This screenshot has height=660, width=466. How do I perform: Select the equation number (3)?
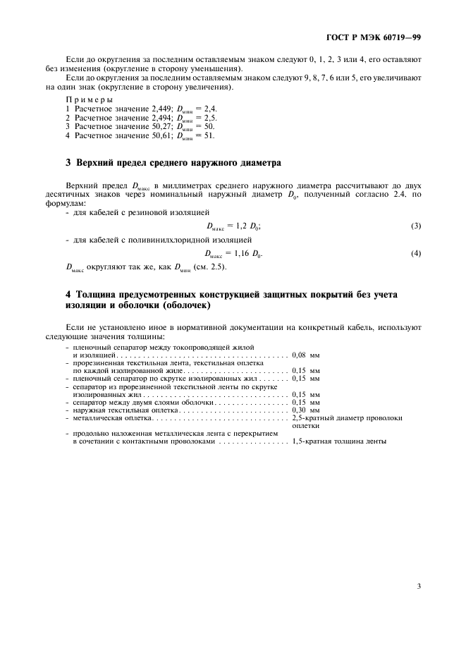click(x=416, y=226)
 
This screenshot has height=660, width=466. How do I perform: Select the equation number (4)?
click(x=416, y=252)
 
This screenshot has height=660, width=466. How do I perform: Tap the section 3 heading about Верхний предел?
click(x=173, y=163)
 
